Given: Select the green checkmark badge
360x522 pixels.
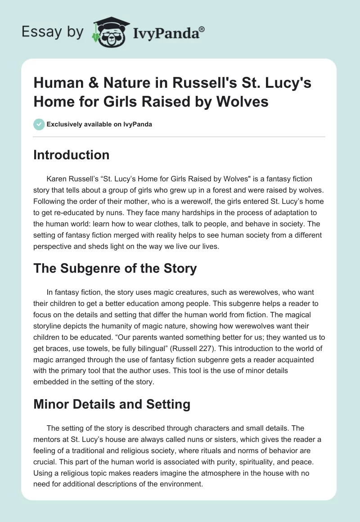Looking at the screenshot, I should (x=40, y=124).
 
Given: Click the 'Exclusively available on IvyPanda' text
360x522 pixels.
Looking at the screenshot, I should (x=99, y=124).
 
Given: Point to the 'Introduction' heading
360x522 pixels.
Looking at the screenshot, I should (x=72, y=155).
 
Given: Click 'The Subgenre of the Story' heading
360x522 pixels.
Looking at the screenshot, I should (x=115, y=269).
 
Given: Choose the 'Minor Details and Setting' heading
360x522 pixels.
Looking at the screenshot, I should (x=112, y=405).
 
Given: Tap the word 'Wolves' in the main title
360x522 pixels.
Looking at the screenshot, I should (x=243, y=102).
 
